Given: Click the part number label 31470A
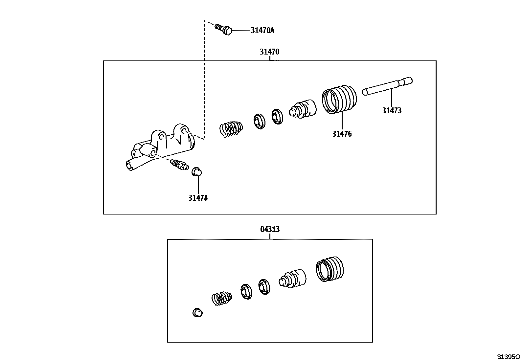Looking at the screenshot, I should coord(262,31).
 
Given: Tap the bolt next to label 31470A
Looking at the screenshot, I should coord(224,29).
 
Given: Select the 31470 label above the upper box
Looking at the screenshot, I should coord(269,52).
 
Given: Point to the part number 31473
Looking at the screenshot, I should coord(392,111).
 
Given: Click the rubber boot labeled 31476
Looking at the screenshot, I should coord(339,99).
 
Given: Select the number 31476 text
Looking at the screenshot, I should coord(342,134).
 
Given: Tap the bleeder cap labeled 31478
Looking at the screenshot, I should coord(197,171).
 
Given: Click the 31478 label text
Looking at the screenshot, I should coord(198,198).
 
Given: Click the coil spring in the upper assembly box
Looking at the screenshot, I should coord(231,128).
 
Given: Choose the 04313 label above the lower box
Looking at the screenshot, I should coord(270,229).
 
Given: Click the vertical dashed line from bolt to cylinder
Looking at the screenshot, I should coord(204,79).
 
